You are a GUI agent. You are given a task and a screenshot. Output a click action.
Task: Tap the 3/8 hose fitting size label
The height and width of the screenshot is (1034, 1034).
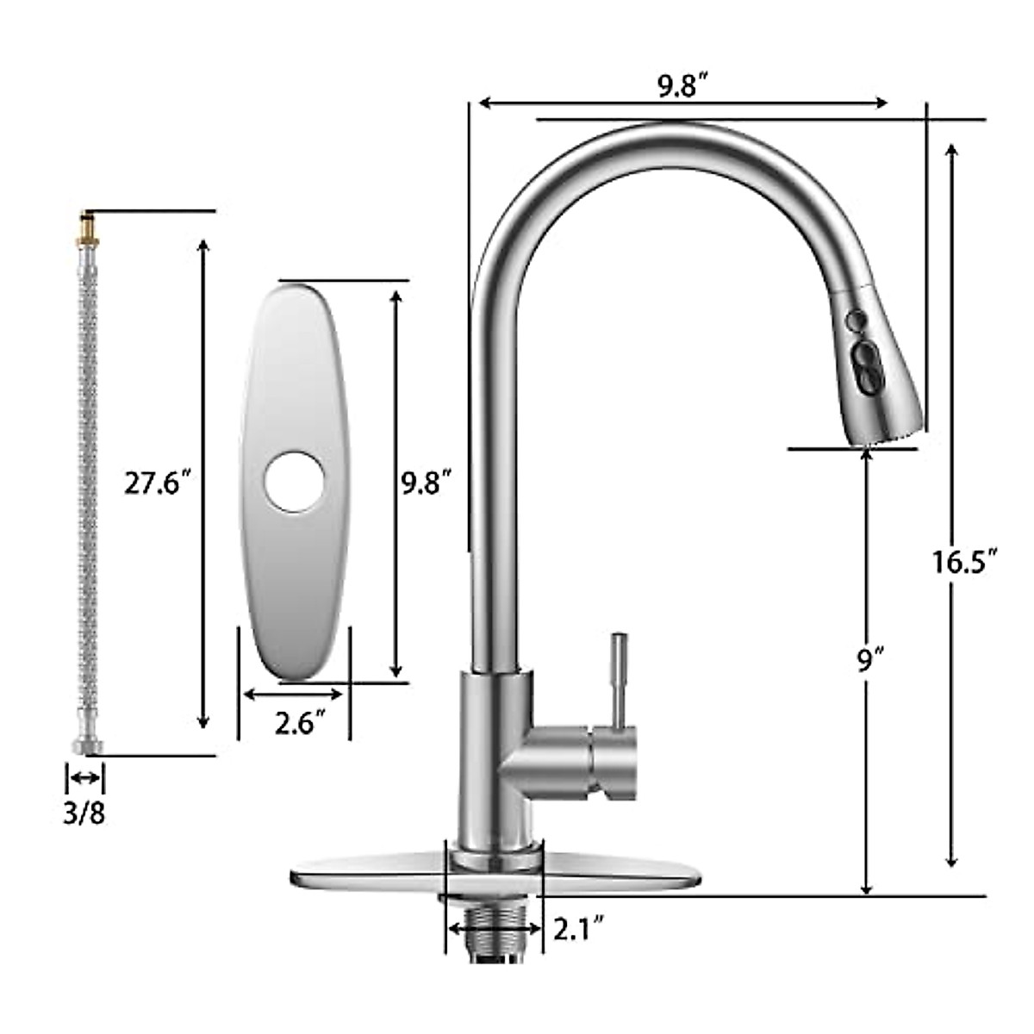coord(84,813)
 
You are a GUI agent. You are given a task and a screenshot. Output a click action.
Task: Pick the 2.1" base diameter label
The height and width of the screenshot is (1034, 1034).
coord(577,929)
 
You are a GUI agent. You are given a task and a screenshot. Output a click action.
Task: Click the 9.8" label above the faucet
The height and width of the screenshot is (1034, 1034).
coord(682,87)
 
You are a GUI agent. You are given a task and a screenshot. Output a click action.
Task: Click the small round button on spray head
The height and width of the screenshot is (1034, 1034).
coord(855,321)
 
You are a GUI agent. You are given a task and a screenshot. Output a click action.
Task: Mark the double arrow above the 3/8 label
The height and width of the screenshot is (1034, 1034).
coord(84,778)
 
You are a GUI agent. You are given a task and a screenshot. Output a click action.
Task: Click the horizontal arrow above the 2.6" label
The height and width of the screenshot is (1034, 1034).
coord(294,694)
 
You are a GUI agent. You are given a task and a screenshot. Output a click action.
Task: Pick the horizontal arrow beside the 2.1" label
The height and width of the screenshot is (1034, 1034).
coord(495,930)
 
